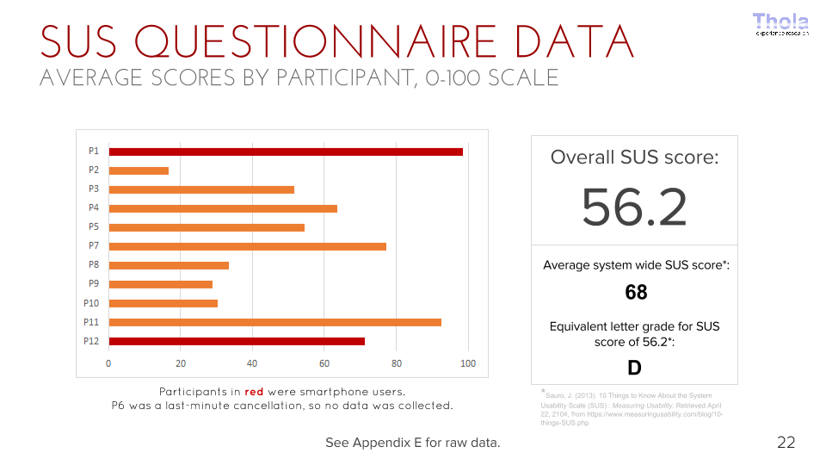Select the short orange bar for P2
tap(139, 170)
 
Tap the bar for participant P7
tap(248, 246)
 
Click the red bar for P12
tap(237, 341)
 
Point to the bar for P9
tap(161, 284)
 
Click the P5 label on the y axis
tap(94, 227)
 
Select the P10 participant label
tap(91, 303)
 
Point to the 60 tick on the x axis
tap(324, 363)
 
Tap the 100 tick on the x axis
tap(468, 363)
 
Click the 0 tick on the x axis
tap(108, 363)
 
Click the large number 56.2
tap(634, 207)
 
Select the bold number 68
tap(636, 293)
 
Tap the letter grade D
tap(634, 369)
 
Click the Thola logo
tap(781, 24)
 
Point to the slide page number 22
tap(786, 443)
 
